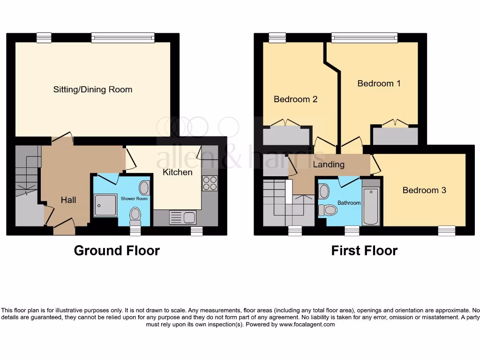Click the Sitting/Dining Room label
92,90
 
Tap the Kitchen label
177,172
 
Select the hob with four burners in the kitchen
210,183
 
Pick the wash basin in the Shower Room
144,188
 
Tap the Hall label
68,200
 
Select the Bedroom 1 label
379,83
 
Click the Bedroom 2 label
295,99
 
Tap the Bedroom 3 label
424,190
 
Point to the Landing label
329,165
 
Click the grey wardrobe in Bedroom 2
286,136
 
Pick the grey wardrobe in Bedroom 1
394,136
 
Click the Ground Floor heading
117,251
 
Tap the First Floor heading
364,251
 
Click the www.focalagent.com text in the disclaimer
307,324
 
